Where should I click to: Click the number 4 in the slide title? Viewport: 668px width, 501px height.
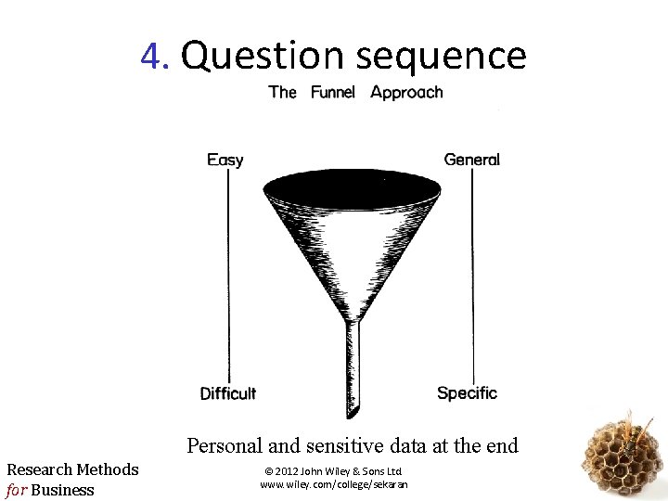pos(152,57)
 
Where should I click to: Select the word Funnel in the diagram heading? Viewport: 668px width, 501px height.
pos(333,92)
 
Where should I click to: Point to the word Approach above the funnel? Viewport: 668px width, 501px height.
pos(406,92)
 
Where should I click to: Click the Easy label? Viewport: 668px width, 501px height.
pos(225,160)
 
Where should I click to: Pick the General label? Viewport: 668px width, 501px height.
pos(471,160)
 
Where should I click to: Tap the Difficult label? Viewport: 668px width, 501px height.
pos(227,393)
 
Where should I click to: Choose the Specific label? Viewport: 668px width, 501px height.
pos(467,393)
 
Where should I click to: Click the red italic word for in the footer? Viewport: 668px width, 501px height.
pos(17,489)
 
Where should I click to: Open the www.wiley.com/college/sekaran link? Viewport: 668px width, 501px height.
pos(333,484)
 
